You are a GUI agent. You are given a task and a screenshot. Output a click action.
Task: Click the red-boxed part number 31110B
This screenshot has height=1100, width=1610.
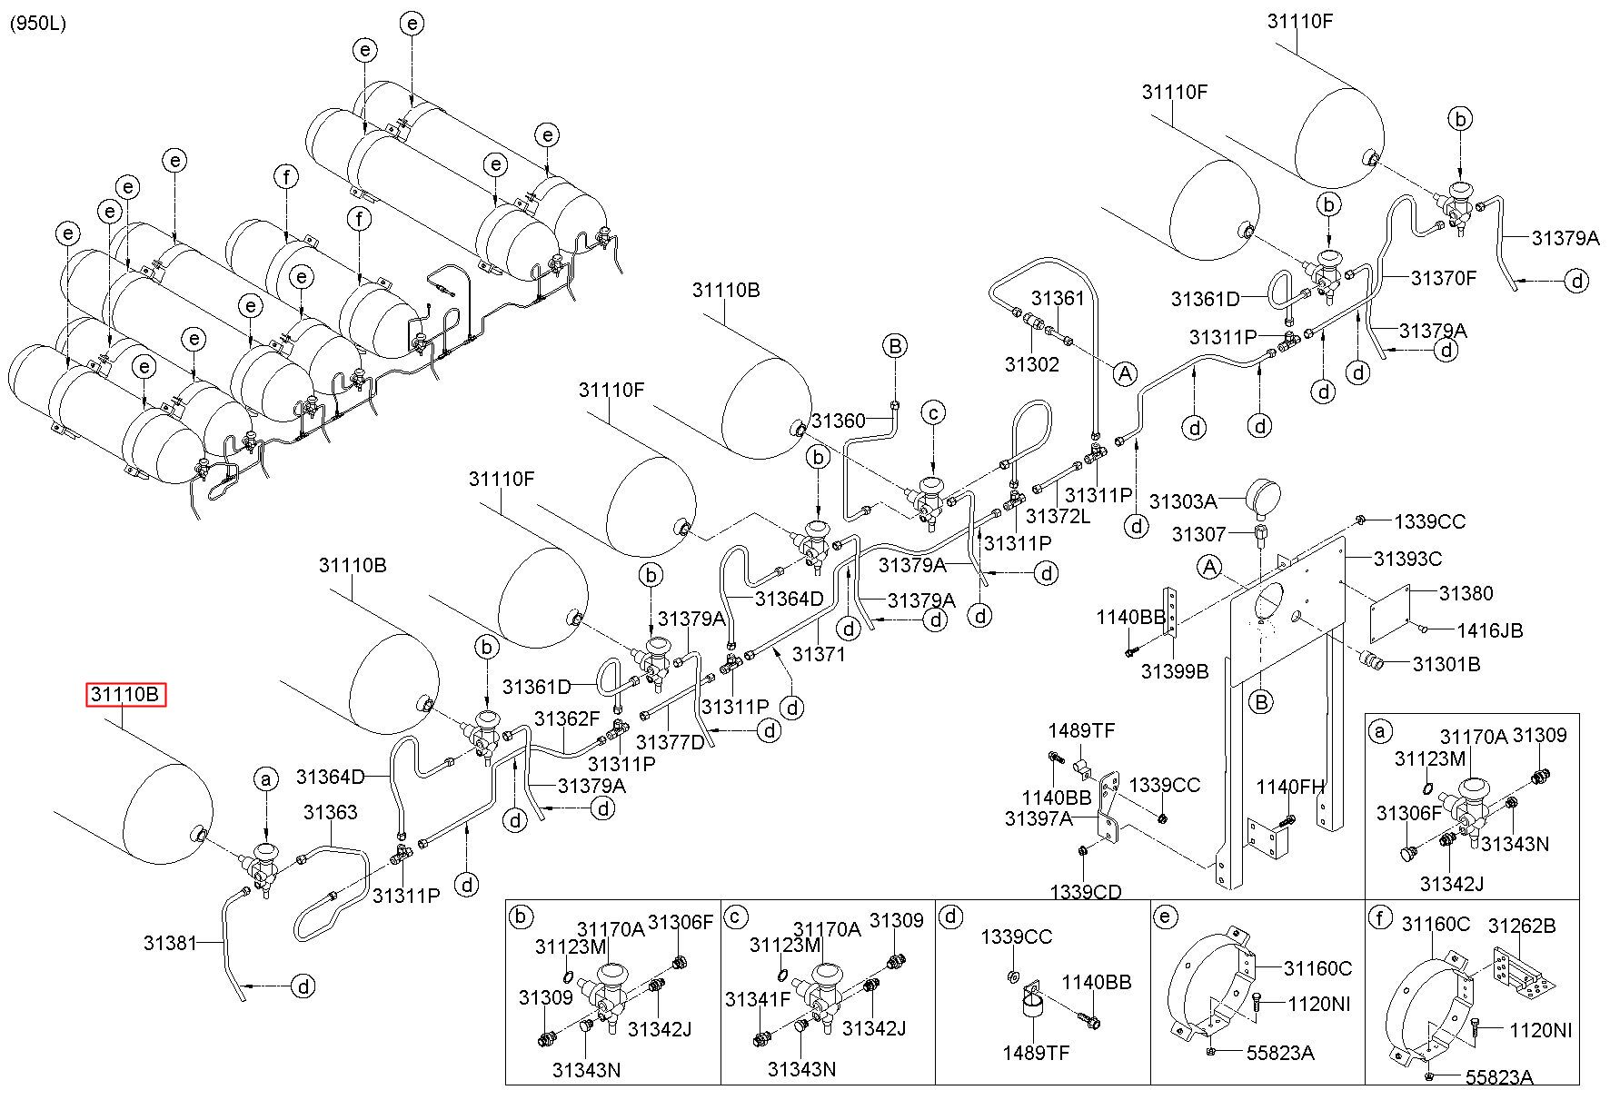click(126, 696)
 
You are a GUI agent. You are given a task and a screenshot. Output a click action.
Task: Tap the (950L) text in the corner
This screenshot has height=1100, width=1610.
click(38, 24)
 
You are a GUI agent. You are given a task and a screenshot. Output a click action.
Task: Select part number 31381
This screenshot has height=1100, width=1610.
click(170, 943)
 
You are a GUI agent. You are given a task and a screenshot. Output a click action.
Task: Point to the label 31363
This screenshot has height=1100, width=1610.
click(330, 812)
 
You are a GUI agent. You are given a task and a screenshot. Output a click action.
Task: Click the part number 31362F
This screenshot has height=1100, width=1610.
click(567, 719)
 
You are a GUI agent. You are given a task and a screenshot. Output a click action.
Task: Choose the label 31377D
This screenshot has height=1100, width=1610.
click(671, 742)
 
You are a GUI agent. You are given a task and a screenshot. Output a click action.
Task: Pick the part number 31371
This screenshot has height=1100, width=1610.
click(820, 653)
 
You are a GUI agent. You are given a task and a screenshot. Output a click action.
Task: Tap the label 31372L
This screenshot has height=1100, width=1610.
click(1058, 517)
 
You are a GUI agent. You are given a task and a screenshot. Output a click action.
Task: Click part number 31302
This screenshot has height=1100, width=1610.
click(1032, 364)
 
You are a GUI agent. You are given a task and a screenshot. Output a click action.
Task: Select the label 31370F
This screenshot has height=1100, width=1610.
click(1444, 278)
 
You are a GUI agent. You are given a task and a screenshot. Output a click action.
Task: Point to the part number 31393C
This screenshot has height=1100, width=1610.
click(1407, 559)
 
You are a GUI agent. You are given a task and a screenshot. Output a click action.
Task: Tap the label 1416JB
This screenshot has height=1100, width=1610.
click(1490, 630)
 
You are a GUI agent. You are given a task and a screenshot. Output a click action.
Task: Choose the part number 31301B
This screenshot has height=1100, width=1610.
click(1446, 664)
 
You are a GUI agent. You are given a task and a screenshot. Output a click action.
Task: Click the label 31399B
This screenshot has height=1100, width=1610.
click(1175, 671)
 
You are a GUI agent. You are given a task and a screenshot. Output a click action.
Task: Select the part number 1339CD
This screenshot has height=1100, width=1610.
click(1086, 891)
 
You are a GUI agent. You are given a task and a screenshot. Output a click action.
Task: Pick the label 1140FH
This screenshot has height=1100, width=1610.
click(1290, 787)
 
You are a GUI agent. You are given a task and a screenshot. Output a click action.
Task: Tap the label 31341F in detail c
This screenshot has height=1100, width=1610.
click(758, 999)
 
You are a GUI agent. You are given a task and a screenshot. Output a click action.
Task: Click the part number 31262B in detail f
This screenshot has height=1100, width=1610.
click(1522, 926)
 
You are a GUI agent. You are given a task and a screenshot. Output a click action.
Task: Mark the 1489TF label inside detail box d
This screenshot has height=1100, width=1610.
click(1036, 1053)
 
